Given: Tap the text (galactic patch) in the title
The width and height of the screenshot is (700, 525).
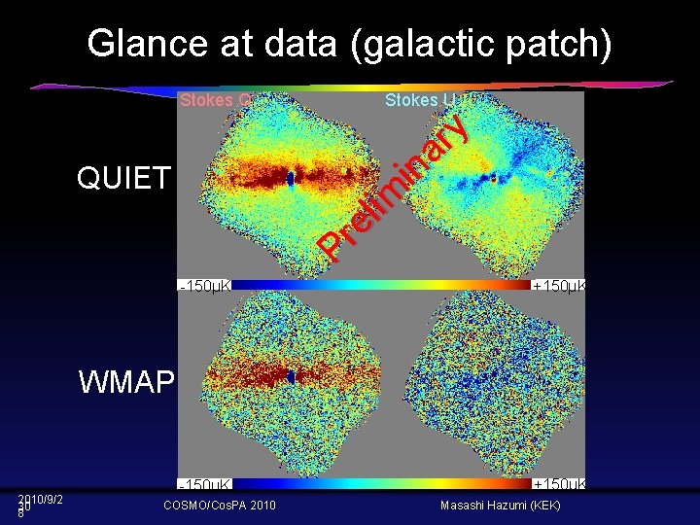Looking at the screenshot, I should point(487,44).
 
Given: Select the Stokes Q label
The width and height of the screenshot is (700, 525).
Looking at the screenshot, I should point(215,100).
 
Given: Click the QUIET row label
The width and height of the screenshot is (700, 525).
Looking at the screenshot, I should point(123,178).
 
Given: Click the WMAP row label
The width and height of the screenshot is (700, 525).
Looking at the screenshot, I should point(126,381).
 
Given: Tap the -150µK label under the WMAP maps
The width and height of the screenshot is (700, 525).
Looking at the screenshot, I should point(205,483).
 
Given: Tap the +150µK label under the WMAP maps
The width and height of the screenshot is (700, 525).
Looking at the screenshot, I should point(558,483).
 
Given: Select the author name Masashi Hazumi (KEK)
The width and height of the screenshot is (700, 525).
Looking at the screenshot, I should point(502,506).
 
